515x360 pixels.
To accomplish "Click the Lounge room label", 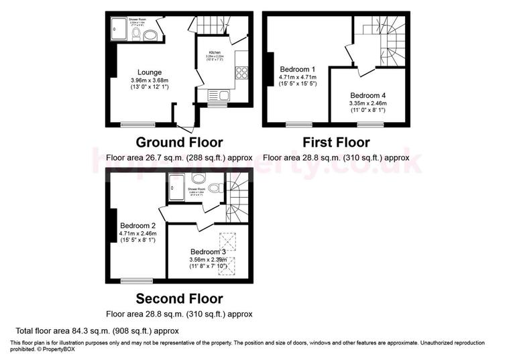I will tap(149, 72).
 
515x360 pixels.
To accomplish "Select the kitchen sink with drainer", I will tap(219, 95).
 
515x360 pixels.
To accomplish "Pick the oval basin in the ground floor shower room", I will tap(151, 35).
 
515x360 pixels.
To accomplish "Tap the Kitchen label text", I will tap(215, 52).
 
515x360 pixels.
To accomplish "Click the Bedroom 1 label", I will tap(298, 69).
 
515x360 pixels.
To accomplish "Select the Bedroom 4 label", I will tap(368, 95).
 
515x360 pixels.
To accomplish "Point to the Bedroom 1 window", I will tap(298, 124).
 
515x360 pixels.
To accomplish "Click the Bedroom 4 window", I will tap(370, 124).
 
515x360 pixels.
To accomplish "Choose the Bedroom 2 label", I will tap(137, 225).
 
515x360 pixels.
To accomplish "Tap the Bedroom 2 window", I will tap(137, 280).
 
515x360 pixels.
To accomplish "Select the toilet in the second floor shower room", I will tap(198, 178).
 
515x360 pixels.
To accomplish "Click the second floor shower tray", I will tap(176, 187).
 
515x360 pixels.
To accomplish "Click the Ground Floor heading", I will tap(179, 142).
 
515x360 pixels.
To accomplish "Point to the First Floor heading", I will tap(336, 142).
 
